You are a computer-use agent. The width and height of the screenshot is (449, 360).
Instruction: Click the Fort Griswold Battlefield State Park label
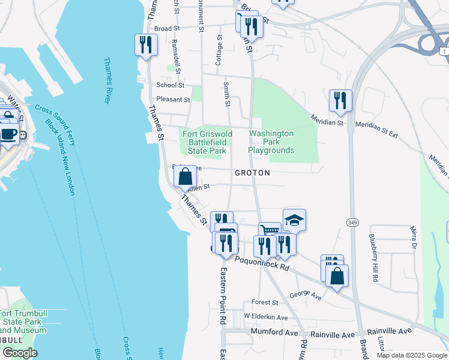coord(207,142)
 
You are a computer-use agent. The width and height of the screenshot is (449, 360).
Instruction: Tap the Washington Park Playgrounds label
coord(271,142)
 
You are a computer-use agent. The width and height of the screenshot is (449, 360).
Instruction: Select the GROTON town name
coord(252,173)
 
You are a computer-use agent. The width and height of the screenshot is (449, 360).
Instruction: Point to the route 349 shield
coord(352,222)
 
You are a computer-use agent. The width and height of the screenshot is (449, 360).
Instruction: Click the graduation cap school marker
coord(294,220)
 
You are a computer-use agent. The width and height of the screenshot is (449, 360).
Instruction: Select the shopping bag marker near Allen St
coord(185,176)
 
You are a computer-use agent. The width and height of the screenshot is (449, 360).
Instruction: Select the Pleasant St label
coord(173,100)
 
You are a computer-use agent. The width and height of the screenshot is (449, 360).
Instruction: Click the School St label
coord(170,86)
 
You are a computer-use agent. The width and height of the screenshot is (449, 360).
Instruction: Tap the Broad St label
coord(167,28)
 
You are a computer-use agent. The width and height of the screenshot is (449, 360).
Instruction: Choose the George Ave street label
coord(306,296)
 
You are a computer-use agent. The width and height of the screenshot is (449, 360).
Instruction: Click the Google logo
coord(19,353)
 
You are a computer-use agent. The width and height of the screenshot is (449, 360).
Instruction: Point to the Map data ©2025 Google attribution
coord(411,355)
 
